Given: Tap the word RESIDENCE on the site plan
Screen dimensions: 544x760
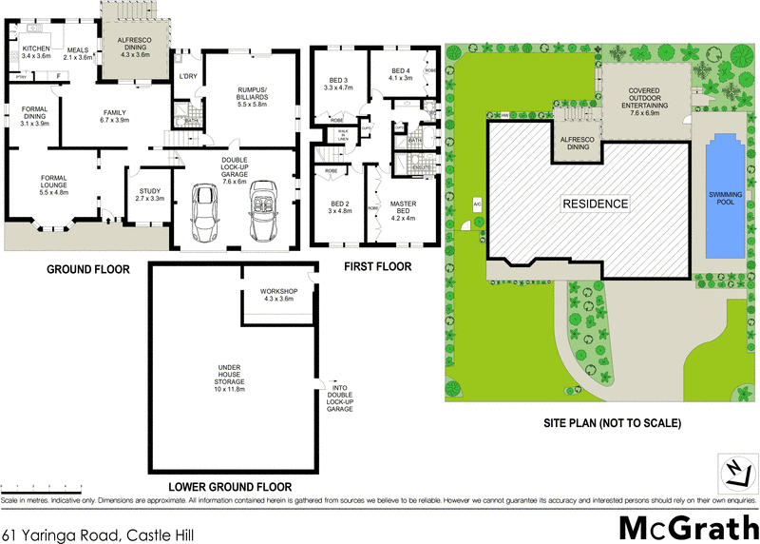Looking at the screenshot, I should (595, 204).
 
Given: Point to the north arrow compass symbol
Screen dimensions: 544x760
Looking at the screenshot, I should (733, 471).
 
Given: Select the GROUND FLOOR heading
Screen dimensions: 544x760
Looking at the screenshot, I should (89, 269).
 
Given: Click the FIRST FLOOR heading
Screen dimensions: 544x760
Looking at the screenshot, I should (378, 267).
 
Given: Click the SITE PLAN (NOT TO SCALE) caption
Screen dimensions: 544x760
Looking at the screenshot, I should (600, 422).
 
